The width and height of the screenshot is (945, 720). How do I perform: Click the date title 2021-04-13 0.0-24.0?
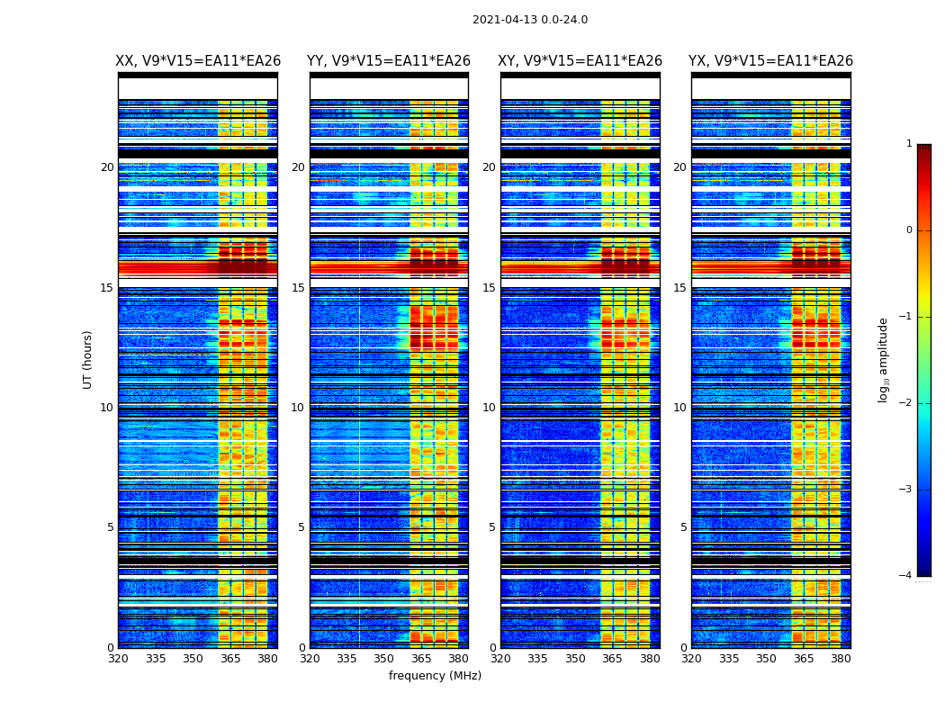tap(530, 20)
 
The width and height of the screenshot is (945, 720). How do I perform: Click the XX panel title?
tap(198, 61)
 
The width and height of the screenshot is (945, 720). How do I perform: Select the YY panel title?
tap(389, 61)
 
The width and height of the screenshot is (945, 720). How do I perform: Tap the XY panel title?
tap(580, 61)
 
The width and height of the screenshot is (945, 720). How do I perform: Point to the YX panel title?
tap(771, 61)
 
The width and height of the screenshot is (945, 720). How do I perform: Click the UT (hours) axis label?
tap(87, 359)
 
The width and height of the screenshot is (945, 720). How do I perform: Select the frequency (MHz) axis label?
tap(435, 676)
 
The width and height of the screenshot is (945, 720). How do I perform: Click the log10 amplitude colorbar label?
tap(883, 359)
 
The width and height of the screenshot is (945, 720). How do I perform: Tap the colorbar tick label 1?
tap(909, 144)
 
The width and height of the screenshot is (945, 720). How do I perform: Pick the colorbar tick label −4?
tap(907, 576)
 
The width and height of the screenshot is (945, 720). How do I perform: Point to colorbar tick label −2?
tap(907, 403)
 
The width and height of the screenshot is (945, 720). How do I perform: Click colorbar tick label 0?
tap(909, 230)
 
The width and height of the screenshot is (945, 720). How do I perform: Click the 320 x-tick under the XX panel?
tap(118, 659)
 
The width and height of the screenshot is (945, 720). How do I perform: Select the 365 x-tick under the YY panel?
tap(422, 659)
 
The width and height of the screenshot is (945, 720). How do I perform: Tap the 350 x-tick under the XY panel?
tap(575, 659)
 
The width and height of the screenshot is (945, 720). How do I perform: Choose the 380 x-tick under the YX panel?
tap(841, 659)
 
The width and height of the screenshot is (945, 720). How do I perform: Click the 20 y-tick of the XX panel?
tap(107, 167)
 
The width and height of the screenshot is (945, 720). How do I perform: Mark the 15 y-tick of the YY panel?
tap(298, 288)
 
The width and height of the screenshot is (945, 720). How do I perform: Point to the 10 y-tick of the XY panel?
tap(489, 408)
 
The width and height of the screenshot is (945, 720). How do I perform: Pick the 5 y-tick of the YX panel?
tap(684, 527)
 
